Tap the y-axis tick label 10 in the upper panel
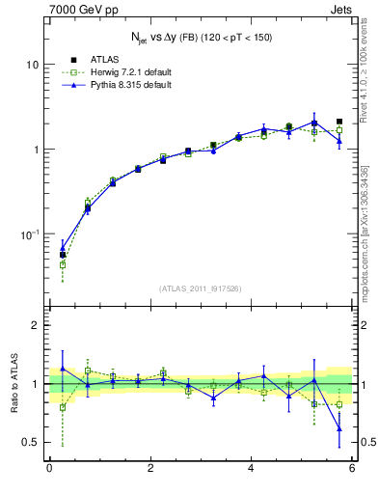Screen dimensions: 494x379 (x=31, y=65)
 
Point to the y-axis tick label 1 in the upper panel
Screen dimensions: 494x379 (x=35, y=150)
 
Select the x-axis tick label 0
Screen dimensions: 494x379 (x=49, y=469)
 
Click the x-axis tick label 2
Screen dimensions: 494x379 (x=150, y=469)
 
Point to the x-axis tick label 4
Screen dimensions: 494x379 (x=251, y=469)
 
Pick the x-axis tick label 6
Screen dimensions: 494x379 (x=352, y=469)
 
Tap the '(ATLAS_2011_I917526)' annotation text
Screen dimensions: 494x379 (x=202, y=288)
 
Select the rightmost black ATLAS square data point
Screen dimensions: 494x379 (x=339, y=122)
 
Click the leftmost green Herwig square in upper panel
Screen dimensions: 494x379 (x=63, y=264)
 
